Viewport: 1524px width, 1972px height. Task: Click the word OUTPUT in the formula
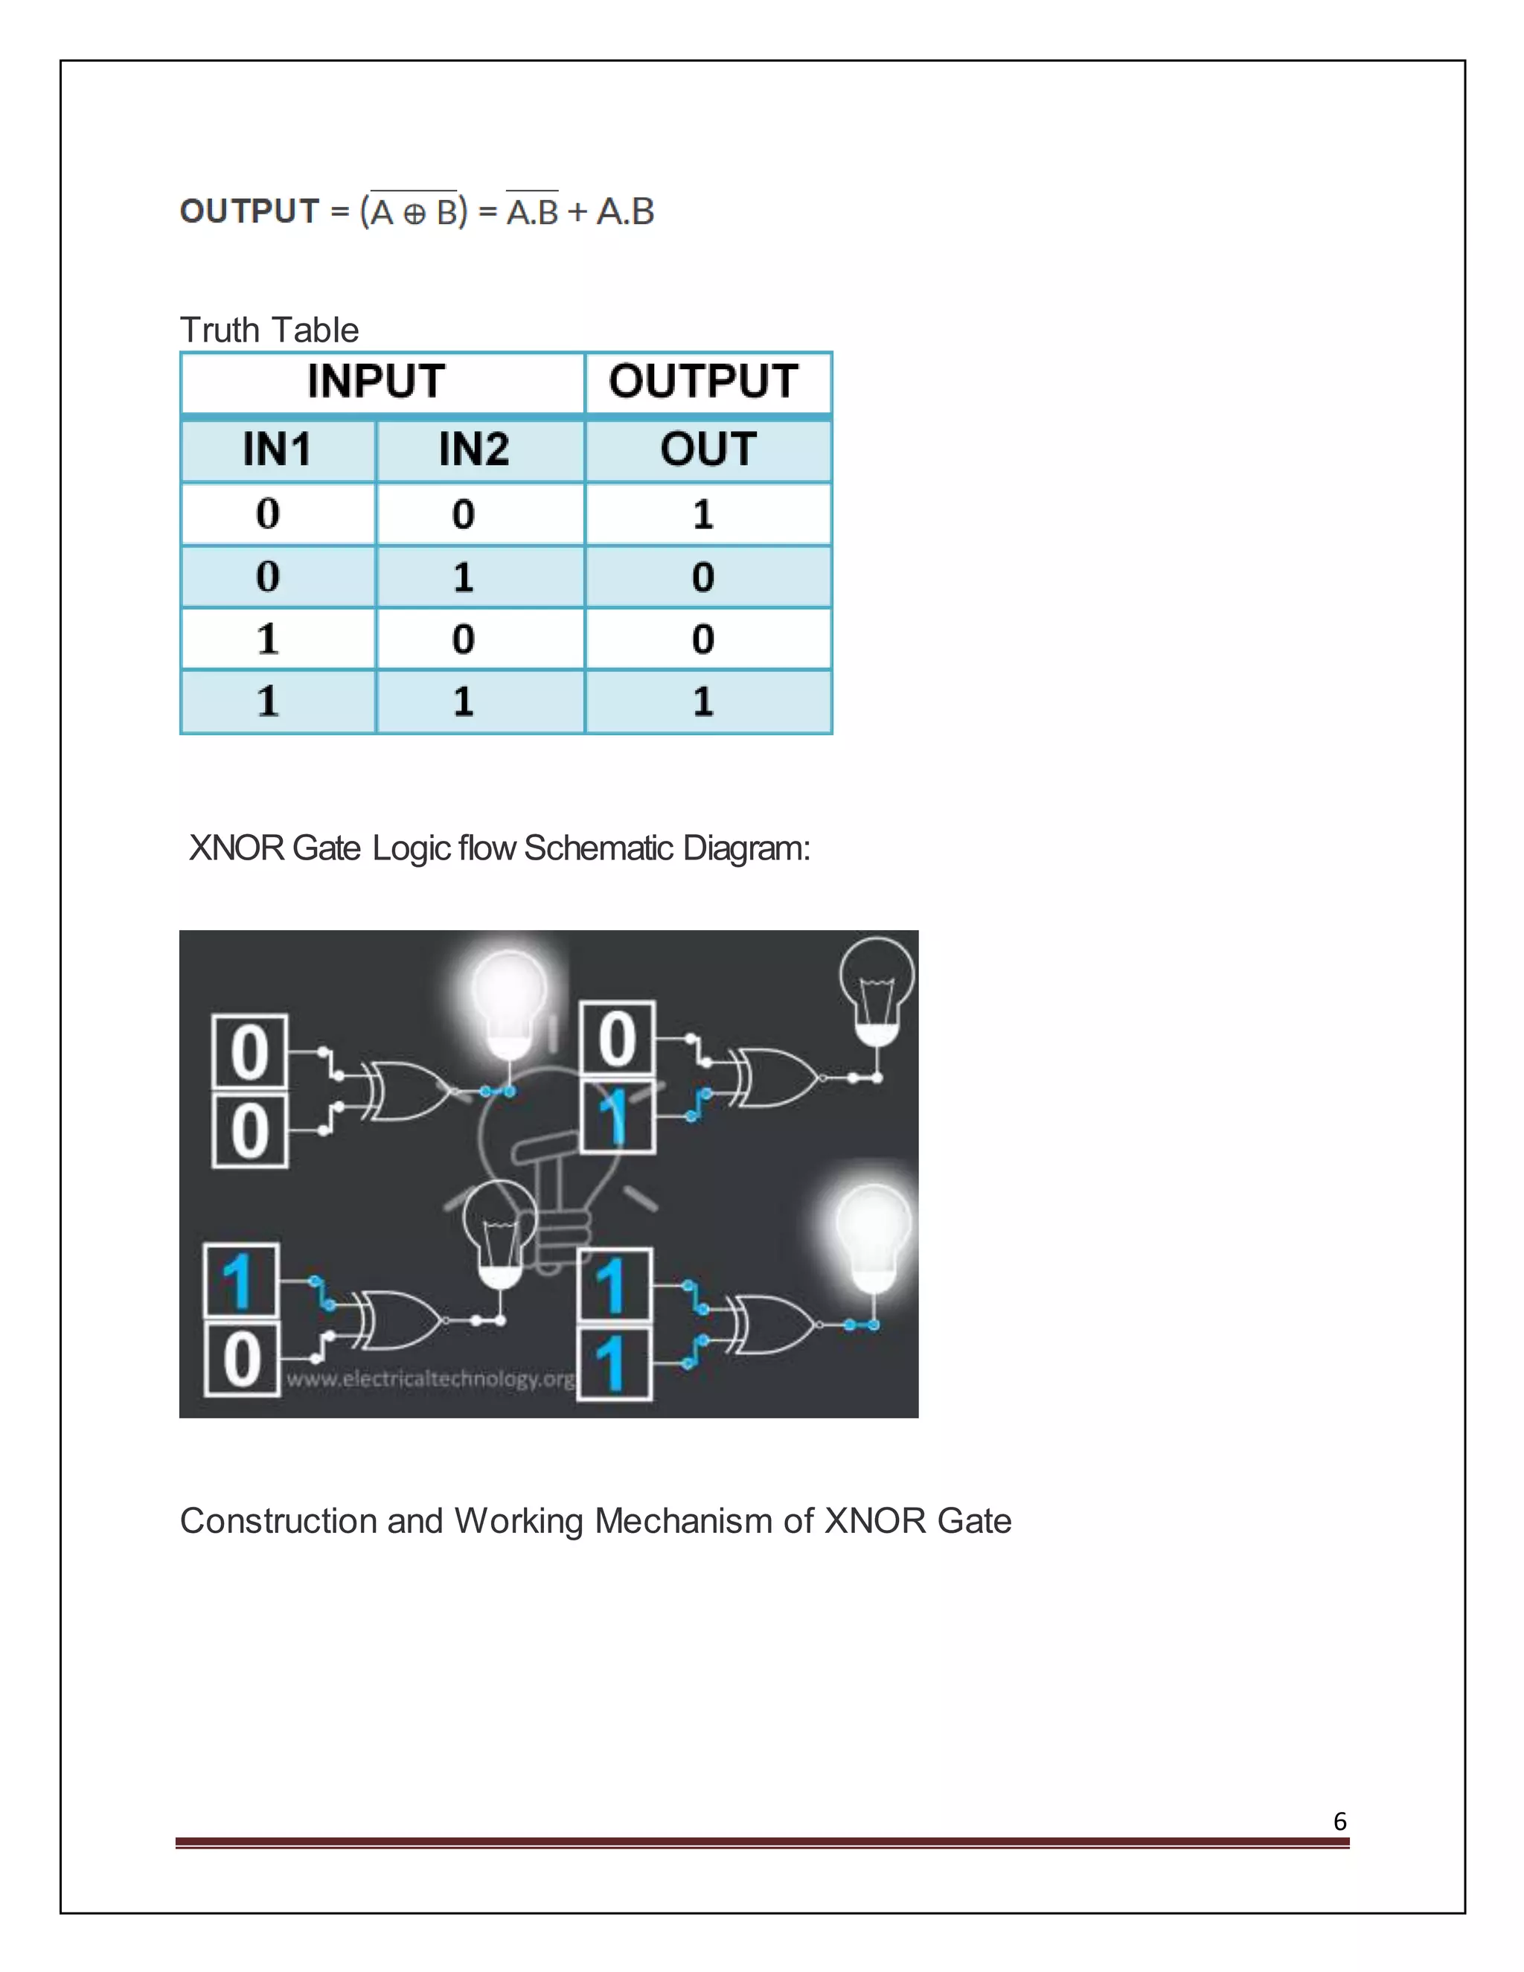click(x=249, y=211)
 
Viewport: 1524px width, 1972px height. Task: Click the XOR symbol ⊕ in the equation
click(x=414, y=214)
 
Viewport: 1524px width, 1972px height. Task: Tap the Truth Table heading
click(x=269, y=330)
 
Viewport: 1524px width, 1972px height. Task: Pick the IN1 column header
click(x=277, y=449)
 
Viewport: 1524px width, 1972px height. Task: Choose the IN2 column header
click(x=474, y=449)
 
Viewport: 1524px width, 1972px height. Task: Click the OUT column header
click(x=708, y=449)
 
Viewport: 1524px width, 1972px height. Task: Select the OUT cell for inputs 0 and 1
click(x=703, y=576)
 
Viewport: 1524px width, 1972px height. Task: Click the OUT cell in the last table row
click(x=703, y=702)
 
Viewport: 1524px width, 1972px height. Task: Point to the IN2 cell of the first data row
click(x=463, y=513)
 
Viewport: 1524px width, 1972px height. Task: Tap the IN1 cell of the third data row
click(x=267, y=638)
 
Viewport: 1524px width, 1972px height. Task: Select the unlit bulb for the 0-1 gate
click(x=876, y=989)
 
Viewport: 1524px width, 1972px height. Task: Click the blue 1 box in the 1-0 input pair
click(x=240, y=1281)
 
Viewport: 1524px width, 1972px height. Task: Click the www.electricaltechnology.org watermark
click(x=430, y=1379)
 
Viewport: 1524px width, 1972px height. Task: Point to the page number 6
click(x=1339, y=1821)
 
